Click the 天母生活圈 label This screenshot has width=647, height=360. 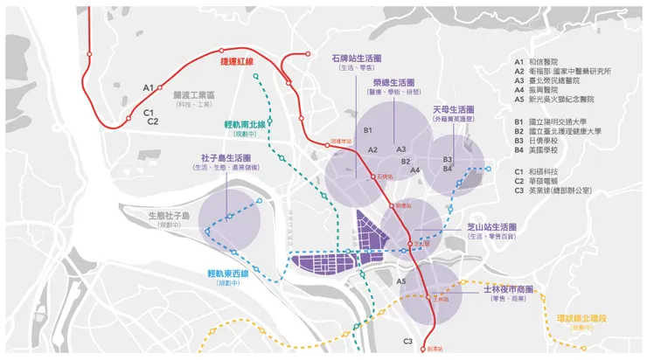pos(455,110)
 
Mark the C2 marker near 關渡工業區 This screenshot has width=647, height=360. pos(153,121)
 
